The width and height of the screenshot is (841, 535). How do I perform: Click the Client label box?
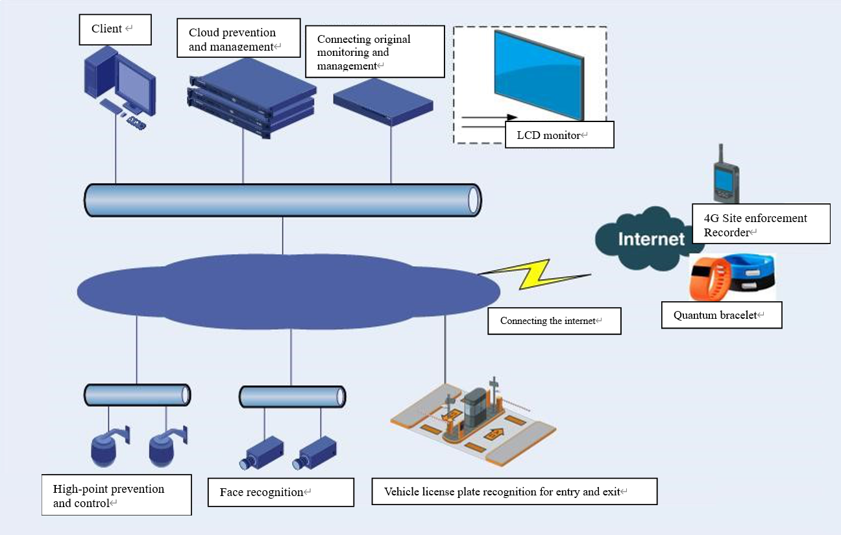[x=115, y=30]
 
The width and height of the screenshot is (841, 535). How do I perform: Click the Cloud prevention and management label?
[x=238, y=39]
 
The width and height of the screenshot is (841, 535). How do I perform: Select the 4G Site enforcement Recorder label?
[x=761, y=224]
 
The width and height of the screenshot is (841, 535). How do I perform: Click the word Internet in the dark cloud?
[x=651, y=239]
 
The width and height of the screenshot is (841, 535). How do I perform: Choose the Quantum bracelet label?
[x=722, y=316]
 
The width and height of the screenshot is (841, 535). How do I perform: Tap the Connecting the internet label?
[x=554, y=321]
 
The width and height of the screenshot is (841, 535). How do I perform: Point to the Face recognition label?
[x=280, y=492]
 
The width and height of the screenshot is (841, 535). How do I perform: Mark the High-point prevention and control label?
[x=116, y=495]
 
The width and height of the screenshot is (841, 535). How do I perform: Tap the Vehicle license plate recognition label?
[x=514, y=491]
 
